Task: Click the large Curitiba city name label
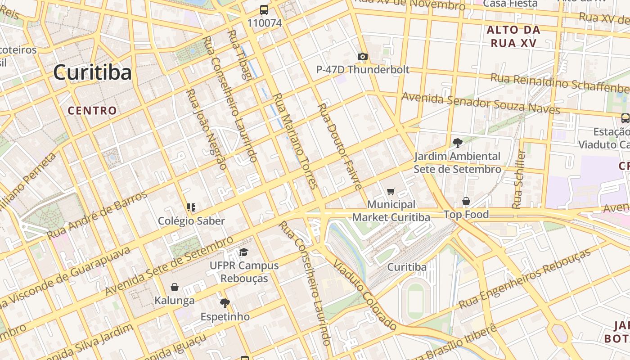pyautogui.click(x=92, y=72)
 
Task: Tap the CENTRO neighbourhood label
pyautogui.click(x=92, y=110)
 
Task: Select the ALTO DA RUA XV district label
pyautogui.click(x=513, y=36)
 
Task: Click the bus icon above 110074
pyautogui.click(x=264, y=10)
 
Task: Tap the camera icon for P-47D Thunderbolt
pyautogui.click(x=362, y=57)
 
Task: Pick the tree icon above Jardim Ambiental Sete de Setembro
pyautogui.click(x=457, y=143)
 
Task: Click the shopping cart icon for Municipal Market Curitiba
pyautogui.click(x=391, y=192)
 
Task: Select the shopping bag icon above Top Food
pyautogui.click(x=466, y=201)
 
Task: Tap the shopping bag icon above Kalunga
pyautogui.click(x=175, y=287)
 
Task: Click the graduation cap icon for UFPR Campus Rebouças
pyautogui.click(x=243, y=252)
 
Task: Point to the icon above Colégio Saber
pyautogui.click(x=191, y=207)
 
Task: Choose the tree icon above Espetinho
pyautogui.click(x=225, y=303)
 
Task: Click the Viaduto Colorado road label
pyautogui.click(x=365, y=295)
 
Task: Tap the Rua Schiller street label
pyautogui.click(x=519, y=179)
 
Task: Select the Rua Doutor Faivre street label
pyautogui.click(x=340, y=147)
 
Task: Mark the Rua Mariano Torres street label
pyautogui.click(x=296, y=140)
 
